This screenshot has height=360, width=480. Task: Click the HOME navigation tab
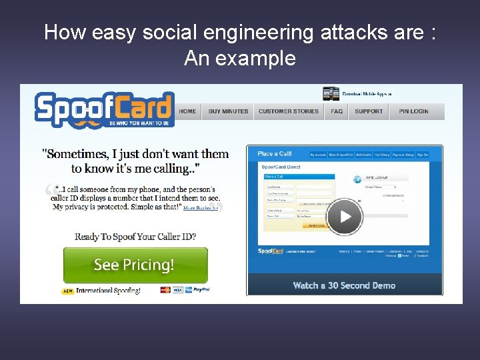point(187,111)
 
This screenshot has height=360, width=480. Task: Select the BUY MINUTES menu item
point(228,111)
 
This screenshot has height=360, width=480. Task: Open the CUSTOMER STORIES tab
point(289,111)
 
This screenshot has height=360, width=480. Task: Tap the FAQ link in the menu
point(337,111)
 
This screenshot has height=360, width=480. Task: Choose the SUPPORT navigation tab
point(369,111)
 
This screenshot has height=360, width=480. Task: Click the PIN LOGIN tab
point(414,111)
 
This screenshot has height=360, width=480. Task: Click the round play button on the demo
point(345,217)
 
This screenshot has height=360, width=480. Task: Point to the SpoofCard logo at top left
point(104,109)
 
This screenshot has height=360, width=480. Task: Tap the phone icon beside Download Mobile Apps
point(331,94)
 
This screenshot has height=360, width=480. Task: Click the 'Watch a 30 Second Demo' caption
point(344,285)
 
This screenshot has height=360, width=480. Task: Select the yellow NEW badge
point(68,291)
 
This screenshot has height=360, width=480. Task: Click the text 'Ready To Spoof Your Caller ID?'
point(135,237)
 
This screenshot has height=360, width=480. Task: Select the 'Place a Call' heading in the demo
point(275,154)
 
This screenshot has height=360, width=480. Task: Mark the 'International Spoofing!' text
point(108,291)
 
